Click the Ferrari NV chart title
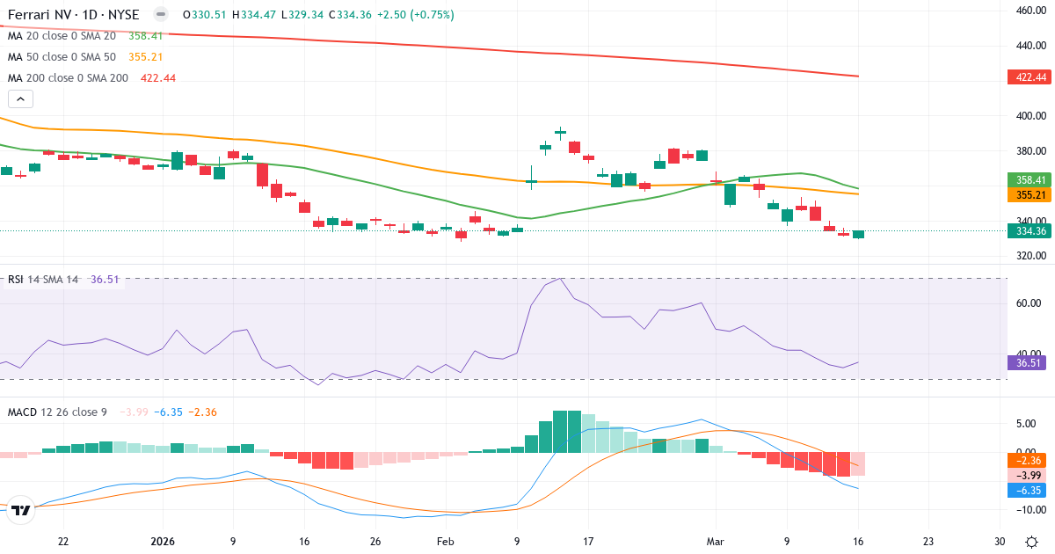tap(74, 14)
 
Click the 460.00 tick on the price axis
tap(1030, 11)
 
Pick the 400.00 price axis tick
tap(1030, 116)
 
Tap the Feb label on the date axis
tap(445, 542)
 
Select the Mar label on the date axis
tap(716, 542)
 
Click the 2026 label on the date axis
tap(164, 542)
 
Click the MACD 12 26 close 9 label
tap(58, 412)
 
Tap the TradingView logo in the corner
tap(21, 510)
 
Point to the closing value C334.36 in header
tap(349, 14)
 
